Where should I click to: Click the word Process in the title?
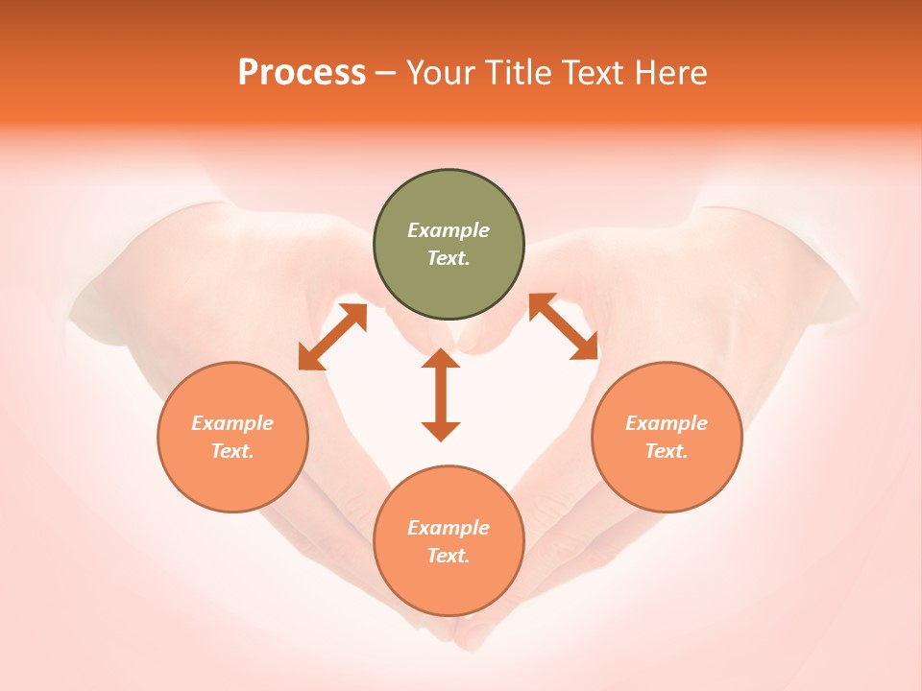click(x=302, y=73)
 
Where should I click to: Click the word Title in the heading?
click(x=519, y=73)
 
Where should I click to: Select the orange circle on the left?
click(x=232, y=480)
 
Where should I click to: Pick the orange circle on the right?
click(x=667, y=480)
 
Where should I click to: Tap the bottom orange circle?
click(x=449, y=585)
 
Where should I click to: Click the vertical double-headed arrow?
click(x=441, y=394)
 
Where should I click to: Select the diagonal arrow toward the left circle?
click(x=333, y=337)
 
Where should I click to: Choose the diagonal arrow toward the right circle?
click(x=563, y=327)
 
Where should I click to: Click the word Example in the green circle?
click(x=449, y=230)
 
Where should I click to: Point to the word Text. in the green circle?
click(x=449, y=258)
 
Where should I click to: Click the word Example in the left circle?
click(x=232, y=423)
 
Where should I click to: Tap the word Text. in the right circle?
click(x=667, y=451)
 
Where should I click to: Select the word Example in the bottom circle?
click(x=449, y=528)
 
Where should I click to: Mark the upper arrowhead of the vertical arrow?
click(x=441, y=359)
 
